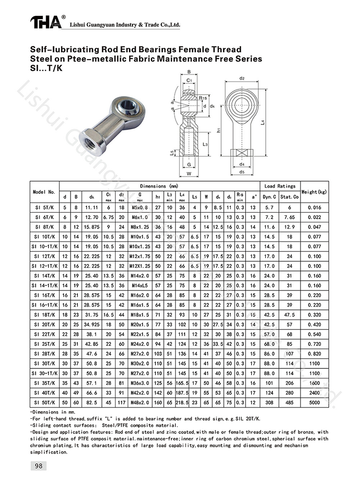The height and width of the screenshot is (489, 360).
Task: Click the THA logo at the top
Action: (46, 22)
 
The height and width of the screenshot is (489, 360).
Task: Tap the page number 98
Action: (38, 465)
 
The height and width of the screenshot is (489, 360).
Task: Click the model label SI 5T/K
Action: (45, 208)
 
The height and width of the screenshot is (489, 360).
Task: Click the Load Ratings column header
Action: (279, 186)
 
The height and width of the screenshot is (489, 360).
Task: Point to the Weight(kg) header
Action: (315, 192)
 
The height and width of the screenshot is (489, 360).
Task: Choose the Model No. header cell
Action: (45, 192)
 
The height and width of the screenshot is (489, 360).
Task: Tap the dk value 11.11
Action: (91, 208)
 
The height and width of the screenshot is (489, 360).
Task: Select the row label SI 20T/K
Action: (45, 325)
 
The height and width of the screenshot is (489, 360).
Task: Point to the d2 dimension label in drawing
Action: (242, 78)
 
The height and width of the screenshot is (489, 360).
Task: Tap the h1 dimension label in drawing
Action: (219, 130)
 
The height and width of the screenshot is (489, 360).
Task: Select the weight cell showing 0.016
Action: (315, 208)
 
